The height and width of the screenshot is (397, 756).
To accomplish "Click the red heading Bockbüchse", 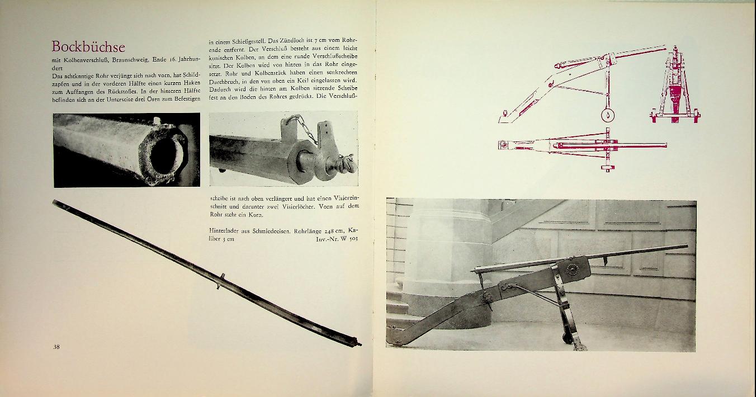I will click(x=88, y=46).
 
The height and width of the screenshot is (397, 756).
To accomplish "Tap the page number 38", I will click(x=56, y=347).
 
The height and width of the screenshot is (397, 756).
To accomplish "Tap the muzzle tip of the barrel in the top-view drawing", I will click(x=665, y=145).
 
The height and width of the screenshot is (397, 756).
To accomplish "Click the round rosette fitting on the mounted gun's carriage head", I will click(x=572, y=270).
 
